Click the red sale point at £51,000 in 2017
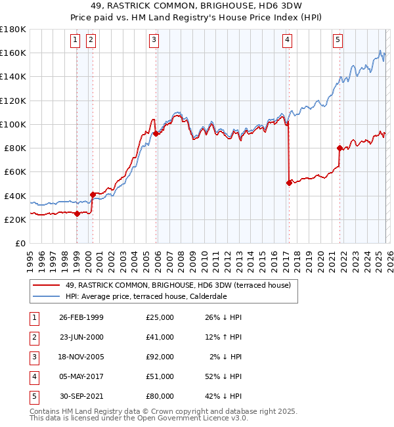289,183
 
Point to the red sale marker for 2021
339,148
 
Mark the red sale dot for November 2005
156,134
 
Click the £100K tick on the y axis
13,124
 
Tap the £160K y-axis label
13,53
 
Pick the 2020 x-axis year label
320,259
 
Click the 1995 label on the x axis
30,259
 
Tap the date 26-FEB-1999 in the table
81,317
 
